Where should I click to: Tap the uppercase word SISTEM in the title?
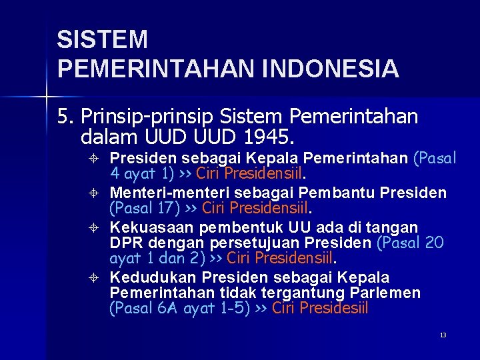coord(102,40)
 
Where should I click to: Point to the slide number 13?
coord(443,335)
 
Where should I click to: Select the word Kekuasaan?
coord(152,228)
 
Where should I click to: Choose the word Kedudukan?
coord(153,277)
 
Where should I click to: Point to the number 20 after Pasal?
coord(433,243)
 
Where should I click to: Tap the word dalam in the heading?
coord(107,138)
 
